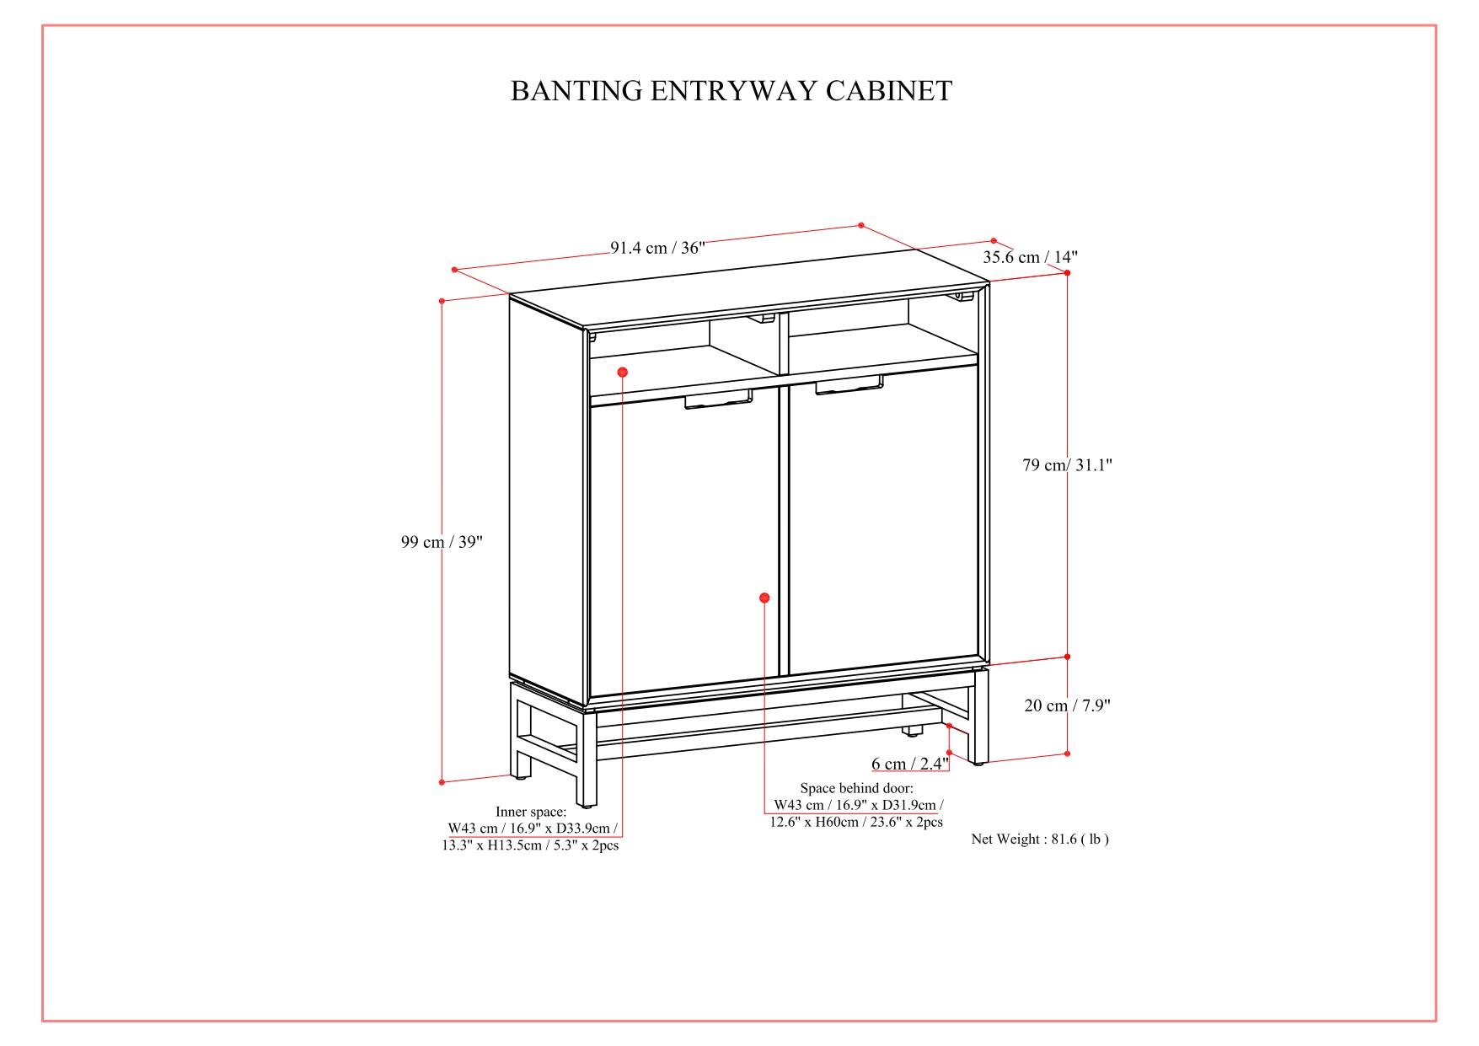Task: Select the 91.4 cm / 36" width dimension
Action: [657, 248]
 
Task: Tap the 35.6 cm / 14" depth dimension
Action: [1030, 257]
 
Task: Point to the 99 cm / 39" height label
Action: [442, 542]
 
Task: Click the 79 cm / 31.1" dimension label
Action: [1067, 465]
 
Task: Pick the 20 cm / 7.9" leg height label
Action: [1067, 706]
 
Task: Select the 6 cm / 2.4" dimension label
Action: [909, 764]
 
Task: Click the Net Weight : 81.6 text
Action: [1039, 839]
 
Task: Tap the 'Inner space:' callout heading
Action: [531, 812]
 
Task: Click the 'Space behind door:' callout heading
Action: [856, 788]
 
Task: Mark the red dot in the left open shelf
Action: [622, 372]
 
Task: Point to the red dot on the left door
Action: [764, 598]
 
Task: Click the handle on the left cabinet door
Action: [718, 400]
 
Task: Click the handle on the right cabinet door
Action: [849, 387]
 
